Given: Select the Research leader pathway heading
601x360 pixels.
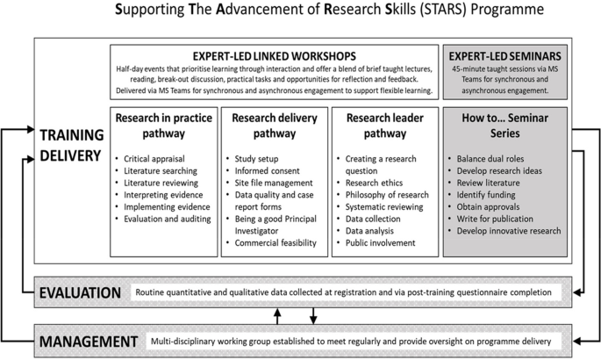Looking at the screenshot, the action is [x=383, y=125].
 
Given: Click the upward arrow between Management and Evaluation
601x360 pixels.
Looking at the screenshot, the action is [x=277, y=314].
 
